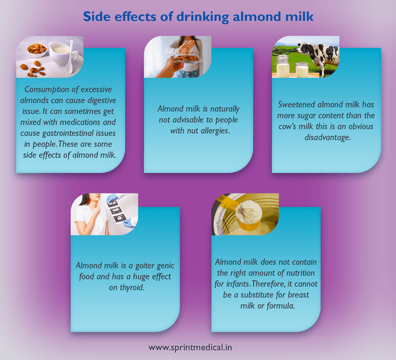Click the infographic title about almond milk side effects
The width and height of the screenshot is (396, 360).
pyautogui.click(x=198, y=17)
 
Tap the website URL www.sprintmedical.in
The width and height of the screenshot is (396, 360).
pyautogui.click(x=190, y=347)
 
